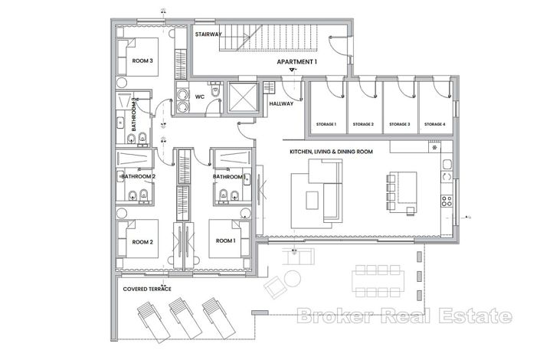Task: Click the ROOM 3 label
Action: point(143,61)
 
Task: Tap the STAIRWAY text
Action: point(209,35)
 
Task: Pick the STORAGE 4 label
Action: point(434,124)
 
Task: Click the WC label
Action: point(199,97)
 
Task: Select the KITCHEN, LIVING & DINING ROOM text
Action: point(330,152)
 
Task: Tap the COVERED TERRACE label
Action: point(147,289)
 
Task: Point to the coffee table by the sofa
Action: point(313,200)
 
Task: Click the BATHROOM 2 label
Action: point(138,176)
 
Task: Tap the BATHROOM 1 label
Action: point(230,176)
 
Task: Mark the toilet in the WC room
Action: point(217,93)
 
